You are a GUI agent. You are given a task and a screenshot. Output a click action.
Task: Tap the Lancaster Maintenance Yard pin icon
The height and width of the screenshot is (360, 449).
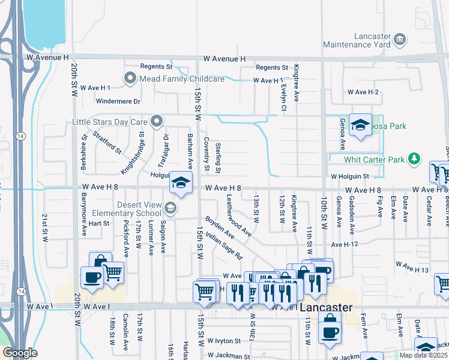tap(400, 40)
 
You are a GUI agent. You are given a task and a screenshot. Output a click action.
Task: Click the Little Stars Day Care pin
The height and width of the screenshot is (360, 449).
tap(157, 122)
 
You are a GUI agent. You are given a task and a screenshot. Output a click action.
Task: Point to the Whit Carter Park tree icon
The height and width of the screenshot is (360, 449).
tap(413, 159)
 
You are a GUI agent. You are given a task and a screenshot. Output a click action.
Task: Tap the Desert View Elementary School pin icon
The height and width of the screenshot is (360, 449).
tap(170, 208)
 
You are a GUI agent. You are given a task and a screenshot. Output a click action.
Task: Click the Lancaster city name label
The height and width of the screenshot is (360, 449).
tap(326, 307)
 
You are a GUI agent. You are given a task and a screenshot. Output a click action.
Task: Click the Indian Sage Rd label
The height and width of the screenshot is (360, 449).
tap(223, 246)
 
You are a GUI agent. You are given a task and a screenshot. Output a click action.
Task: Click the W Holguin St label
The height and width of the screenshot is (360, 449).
tap(349, 176)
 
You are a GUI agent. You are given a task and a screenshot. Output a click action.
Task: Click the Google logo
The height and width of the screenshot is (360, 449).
tap(20, 353)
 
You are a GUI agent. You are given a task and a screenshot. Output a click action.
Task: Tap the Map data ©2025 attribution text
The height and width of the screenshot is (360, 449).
tap(424, 355)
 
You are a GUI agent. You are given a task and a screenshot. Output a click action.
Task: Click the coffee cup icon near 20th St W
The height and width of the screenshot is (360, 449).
tap(92, 278)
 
